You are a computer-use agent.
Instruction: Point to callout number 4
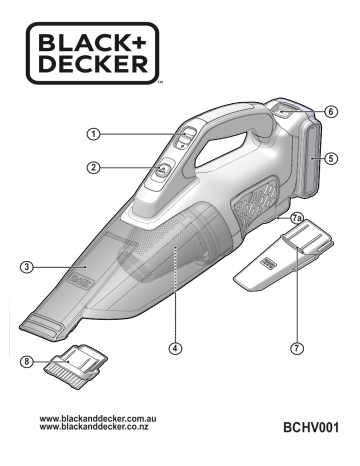pos(176,349)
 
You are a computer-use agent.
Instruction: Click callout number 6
pos(330,111)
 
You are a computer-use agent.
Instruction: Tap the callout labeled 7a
pos(296,217)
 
